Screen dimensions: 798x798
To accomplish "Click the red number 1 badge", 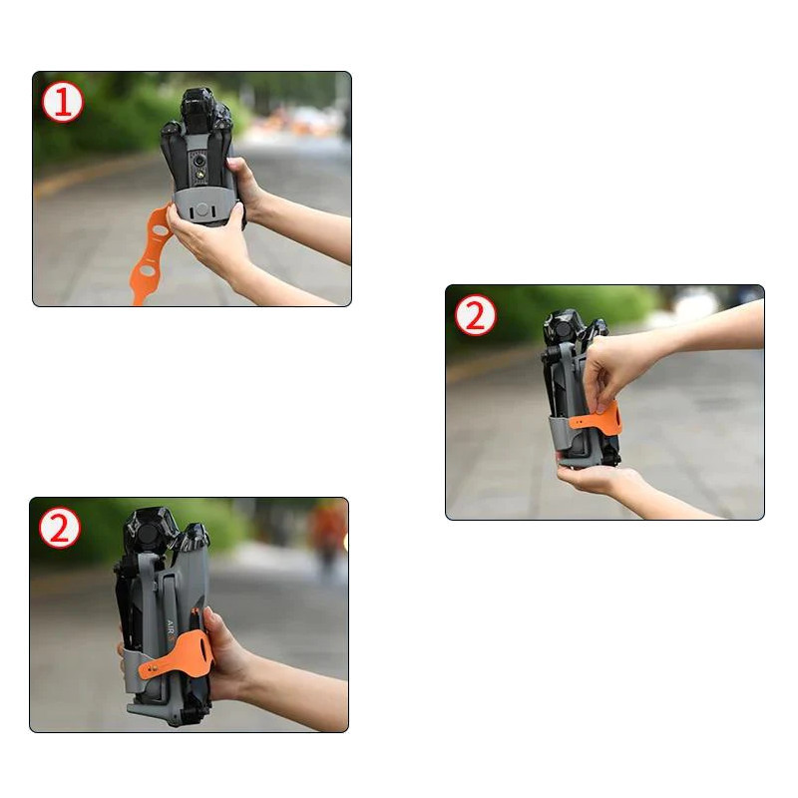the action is [62, 104].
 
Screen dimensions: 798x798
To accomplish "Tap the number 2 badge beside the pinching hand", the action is [475, 315].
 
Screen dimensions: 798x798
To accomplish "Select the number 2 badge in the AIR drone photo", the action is [60, 528].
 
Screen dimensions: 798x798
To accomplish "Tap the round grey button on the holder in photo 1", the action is [202, 209].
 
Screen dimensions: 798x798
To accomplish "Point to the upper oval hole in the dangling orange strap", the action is [161, 230].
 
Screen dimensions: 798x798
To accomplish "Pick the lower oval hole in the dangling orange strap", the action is [147, 270].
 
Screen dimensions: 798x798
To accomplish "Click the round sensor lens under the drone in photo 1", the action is [200, 161].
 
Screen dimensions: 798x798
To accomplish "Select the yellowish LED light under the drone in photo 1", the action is [200, 176].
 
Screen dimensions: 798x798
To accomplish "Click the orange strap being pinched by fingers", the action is [596, 418].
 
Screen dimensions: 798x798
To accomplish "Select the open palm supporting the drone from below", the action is [593, 478].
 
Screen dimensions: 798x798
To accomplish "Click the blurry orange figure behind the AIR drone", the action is [329, 534].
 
